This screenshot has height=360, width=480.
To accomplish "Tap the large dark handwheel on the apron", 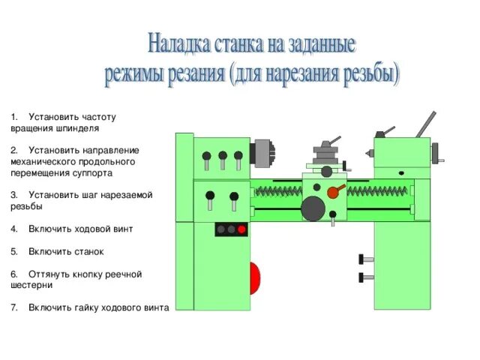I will pos(313,208).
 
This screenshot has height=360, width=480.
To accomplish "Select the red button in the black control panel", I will pos(242,229).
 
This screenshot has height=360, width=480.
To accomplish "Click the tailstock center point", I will pos(368,151).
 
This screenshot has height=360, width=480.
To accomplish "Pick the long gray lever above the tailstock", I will pos(425,124).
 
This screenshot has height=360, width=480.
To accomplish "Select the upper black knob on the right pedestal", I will pos(365,259).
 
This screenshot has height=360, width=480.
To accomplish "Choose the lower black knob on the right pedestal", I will pos(365,277).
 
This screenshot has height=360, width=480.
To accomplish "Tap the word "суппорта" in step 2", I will pos(92,172).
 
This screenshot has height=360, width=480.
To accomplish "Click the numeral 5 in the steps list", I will pos(13,252).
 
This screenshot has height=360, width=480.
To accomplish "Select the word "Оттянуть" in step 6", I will pos(49,274).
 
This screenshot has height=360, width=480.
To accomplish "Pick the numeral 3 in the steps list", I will pos(13,195).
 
